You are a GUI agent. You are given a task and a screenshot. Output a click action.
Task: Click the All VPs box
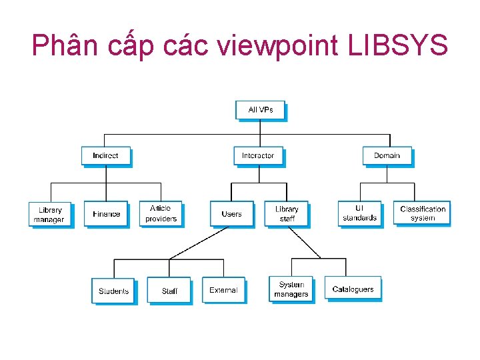tap(260, 110)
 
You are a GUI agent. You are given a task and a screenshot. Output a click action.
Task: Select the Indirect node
tap(105, 155)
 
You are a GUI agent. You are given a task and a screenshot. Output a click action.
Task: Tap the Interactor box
tap(258, 155)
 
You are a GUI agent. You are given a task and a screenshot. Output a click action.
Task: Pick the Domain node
tap(387, 155)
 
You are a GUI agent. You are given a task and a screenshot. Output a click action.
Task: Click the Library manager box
tap(49, 214)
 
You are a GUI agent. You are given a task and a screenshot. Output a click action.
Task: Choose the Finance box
tap(106, 214)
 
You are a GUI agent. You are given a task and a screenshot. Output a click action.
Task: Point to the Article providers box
tap(161, 213)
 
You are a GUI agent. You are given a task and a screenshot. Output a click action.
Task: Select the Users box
tap(231, 214)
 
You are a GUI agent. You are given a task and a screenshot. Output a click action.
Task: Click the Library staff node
tap(287, 214)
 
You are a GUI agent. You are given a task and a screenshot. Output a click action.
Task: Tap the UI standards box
tap(360, 213)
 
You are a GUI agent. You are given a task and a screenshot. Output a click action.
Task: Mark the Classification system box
tap(422, 213)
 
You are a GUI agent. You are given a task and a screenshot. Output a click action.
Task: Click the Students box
tap(113, 291)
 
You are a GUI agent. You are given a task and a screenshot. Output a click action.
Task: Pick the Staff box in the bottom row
tap(169, 291)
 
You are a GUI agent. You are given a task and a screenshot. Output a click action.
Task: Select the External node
tap(223, 290)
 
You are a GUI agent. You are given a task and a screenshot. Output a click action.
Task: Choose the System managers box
tap(291, 289)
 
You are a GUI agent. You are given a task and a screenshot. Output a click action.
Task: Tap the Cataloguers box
tap(353, 289)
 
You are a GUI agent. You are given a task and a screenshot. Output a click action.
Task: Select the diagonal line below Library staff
tap(305, 243)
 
